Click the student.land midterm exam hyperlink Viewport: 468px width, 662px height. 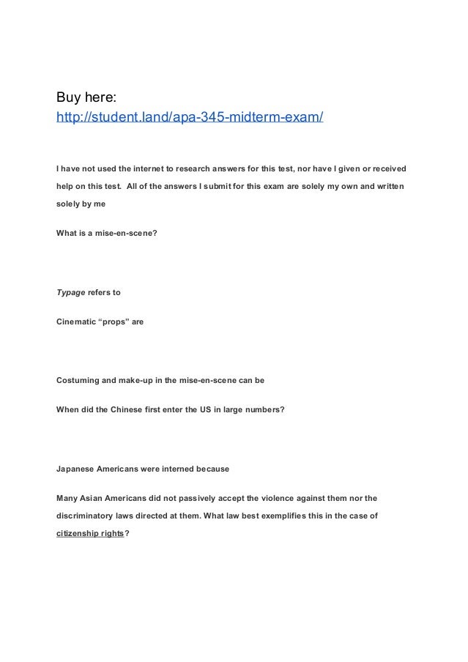[x=190, y=117]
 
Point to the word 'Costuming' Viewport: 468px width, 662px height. [x=78, y=381]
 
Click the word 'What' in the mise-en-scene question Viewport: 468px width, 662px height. [x=67, y=234]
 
